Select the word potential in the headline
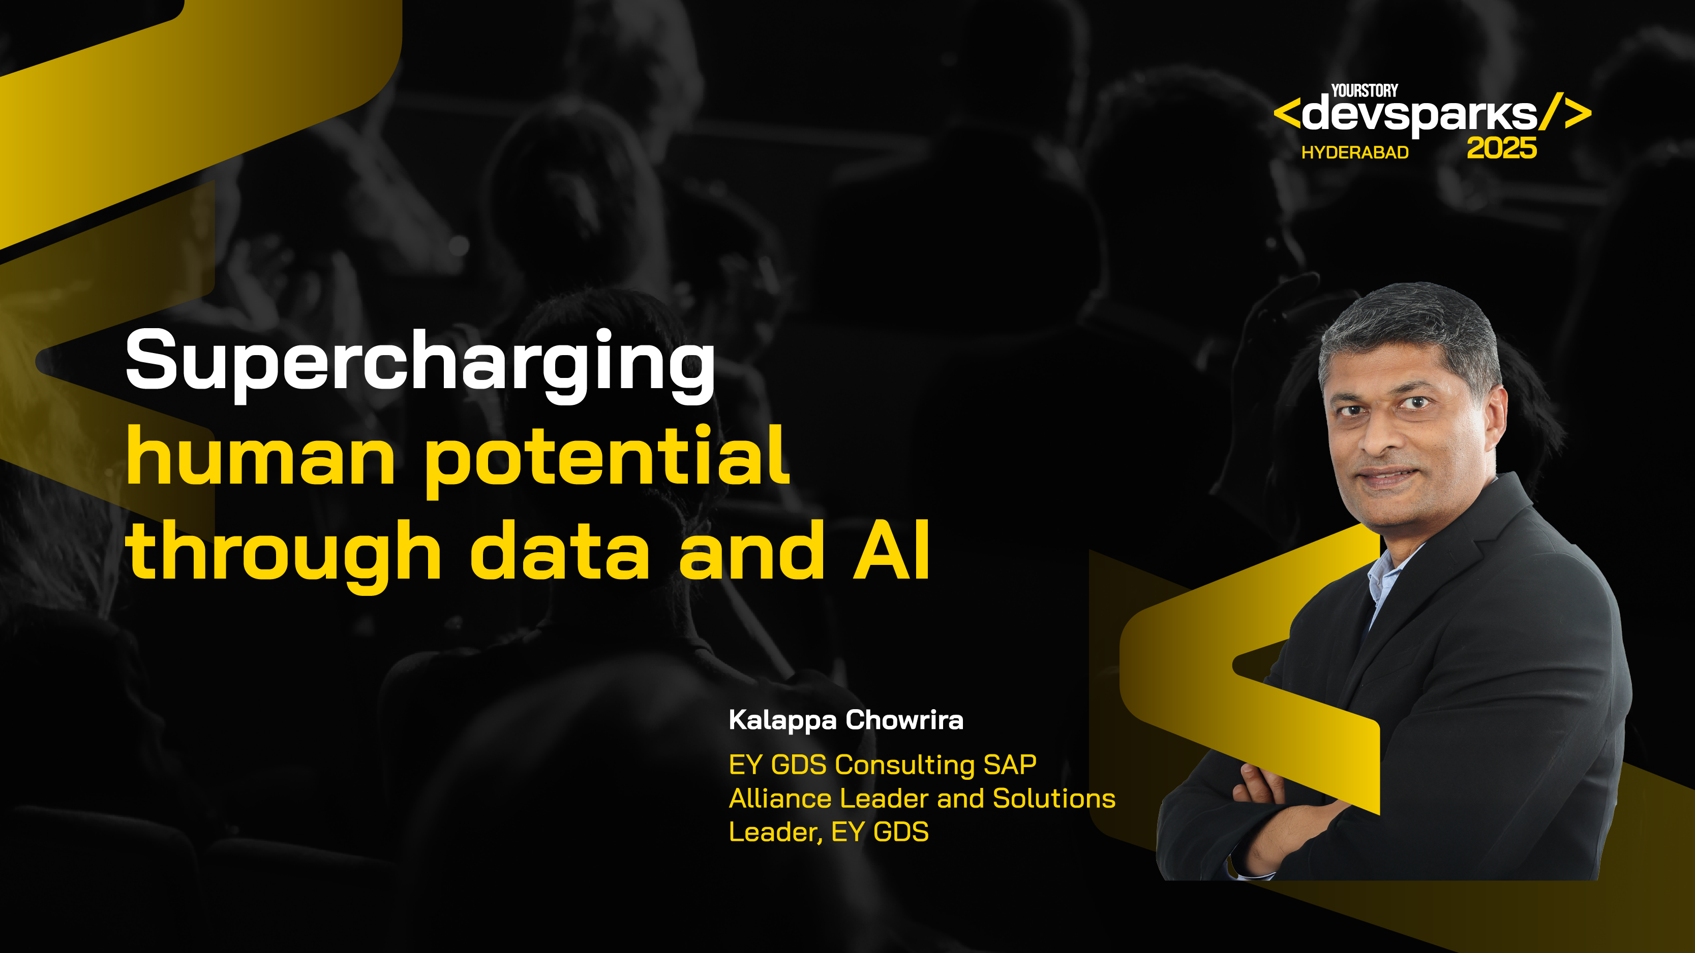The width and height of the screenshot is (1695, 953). point(606,457)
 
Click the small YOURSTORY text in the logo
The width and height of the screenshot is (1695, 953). point(1364,91)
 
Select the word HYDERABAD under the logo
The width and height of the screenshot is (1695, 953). point(1355,152)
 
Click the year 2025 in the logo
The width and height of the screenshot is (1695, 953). point(1501,149)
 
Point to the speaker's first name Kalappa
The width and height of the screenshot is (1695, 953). point(782,721)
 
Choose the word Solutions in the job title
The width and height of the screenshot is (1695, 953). point(1053,799)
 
